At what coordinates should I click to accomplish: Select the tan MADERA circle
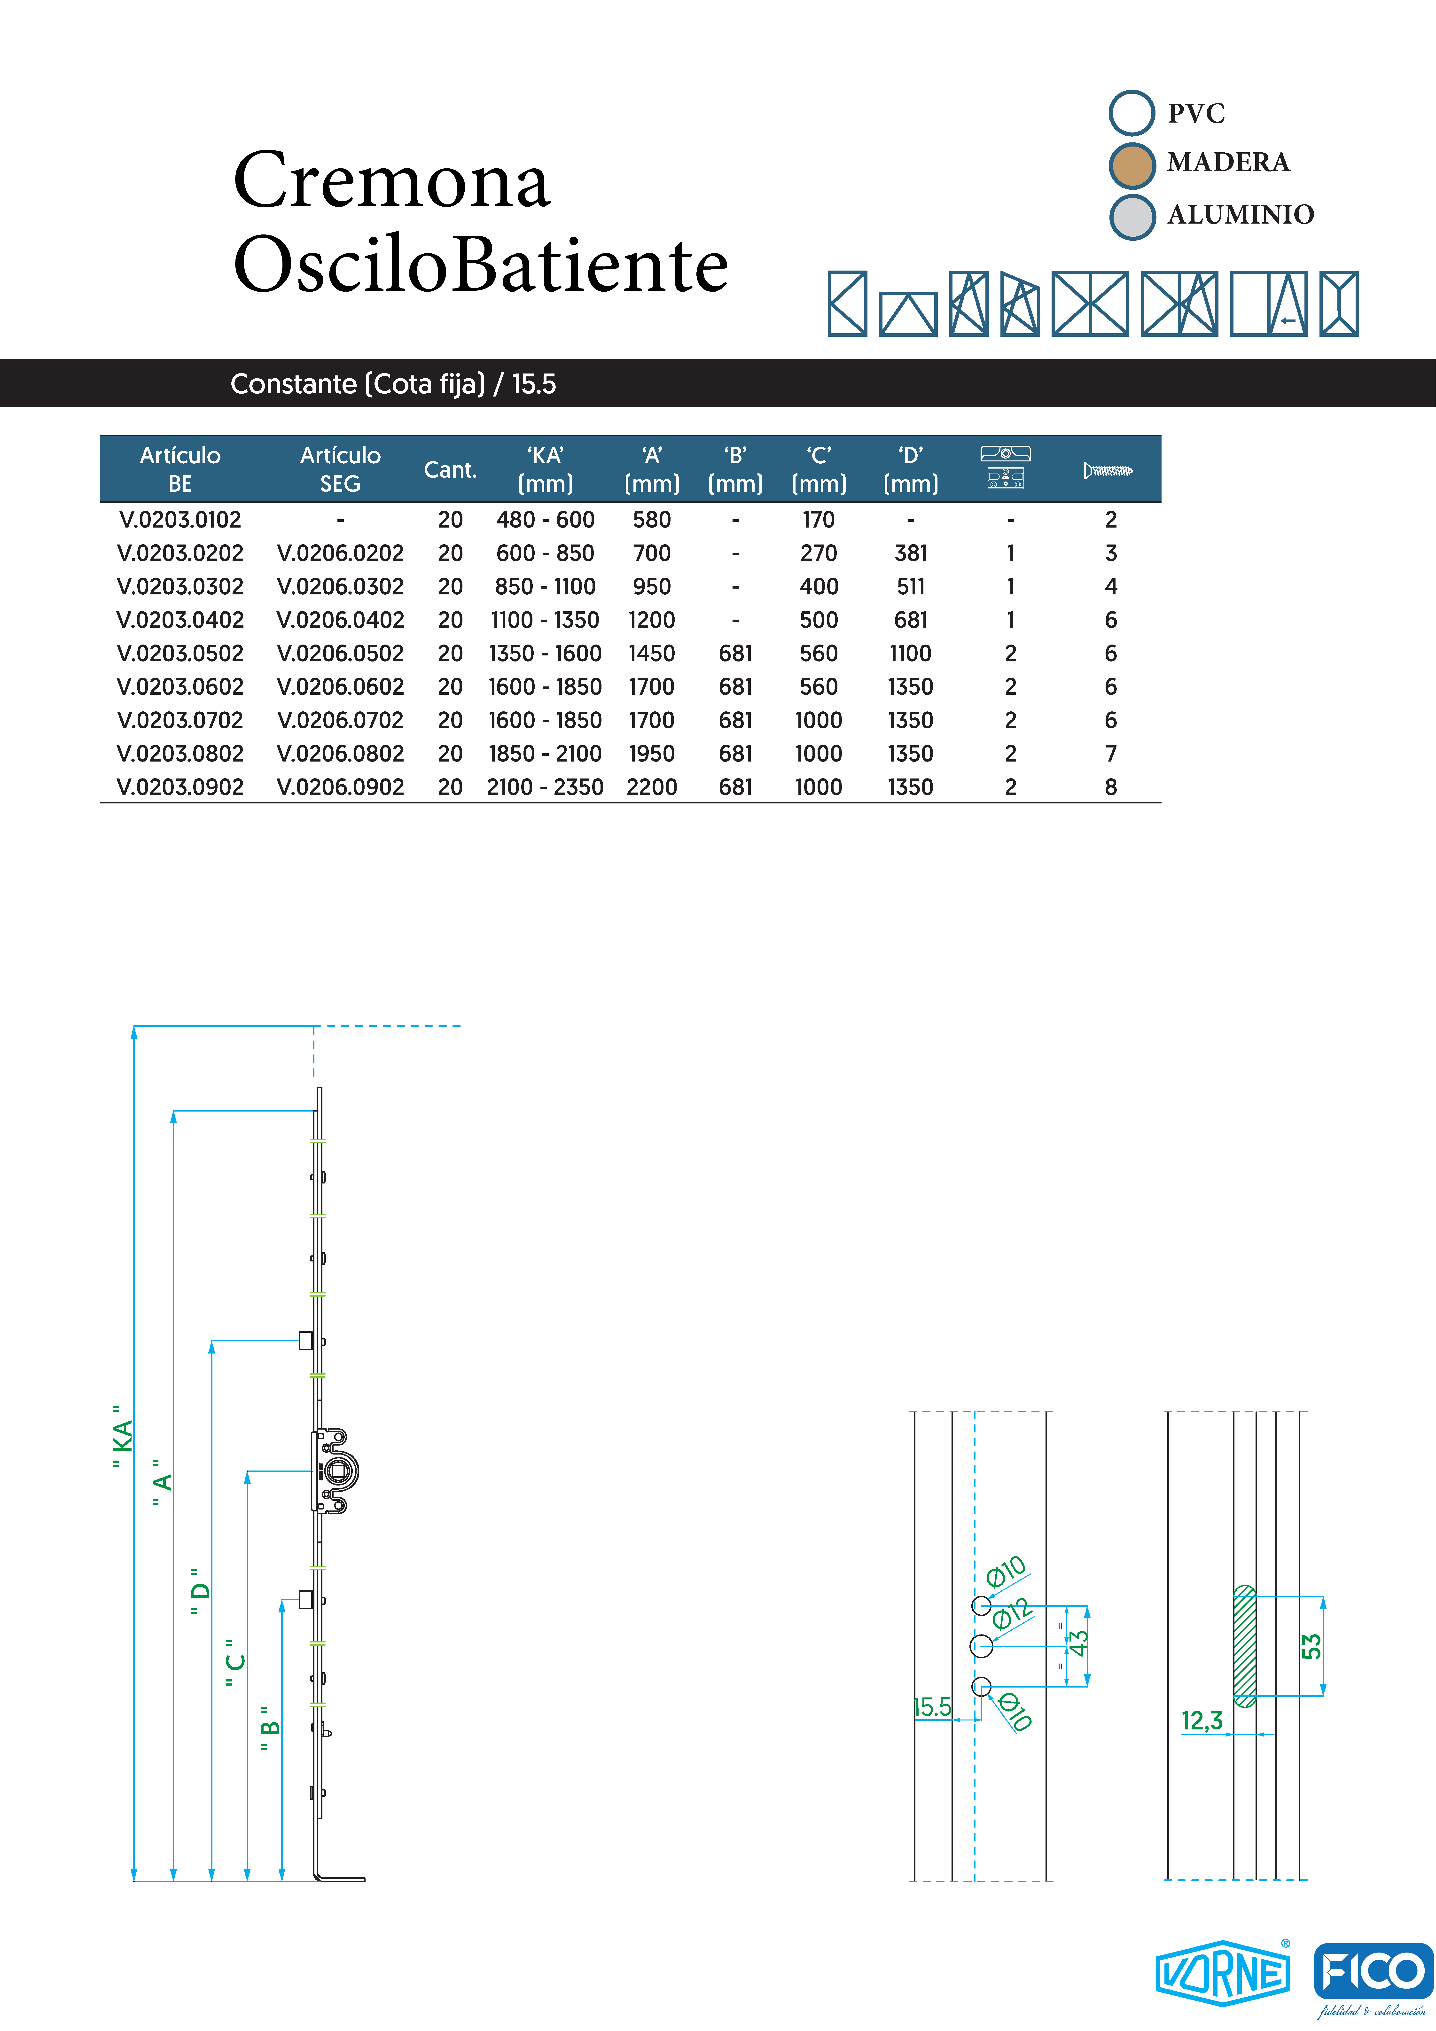tap(1132, 165)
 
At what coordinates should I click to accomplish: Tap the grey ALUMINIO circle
tap(1132, 217)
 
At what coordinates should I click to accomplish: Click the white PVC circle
tap(1132, 113)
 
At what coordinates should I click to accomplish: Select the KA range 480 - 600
tap(545, 520)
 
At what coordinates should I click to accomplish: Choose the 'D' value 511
tap(910, 586)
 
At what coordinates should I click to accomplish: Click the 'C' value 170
tap(819, 520)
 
